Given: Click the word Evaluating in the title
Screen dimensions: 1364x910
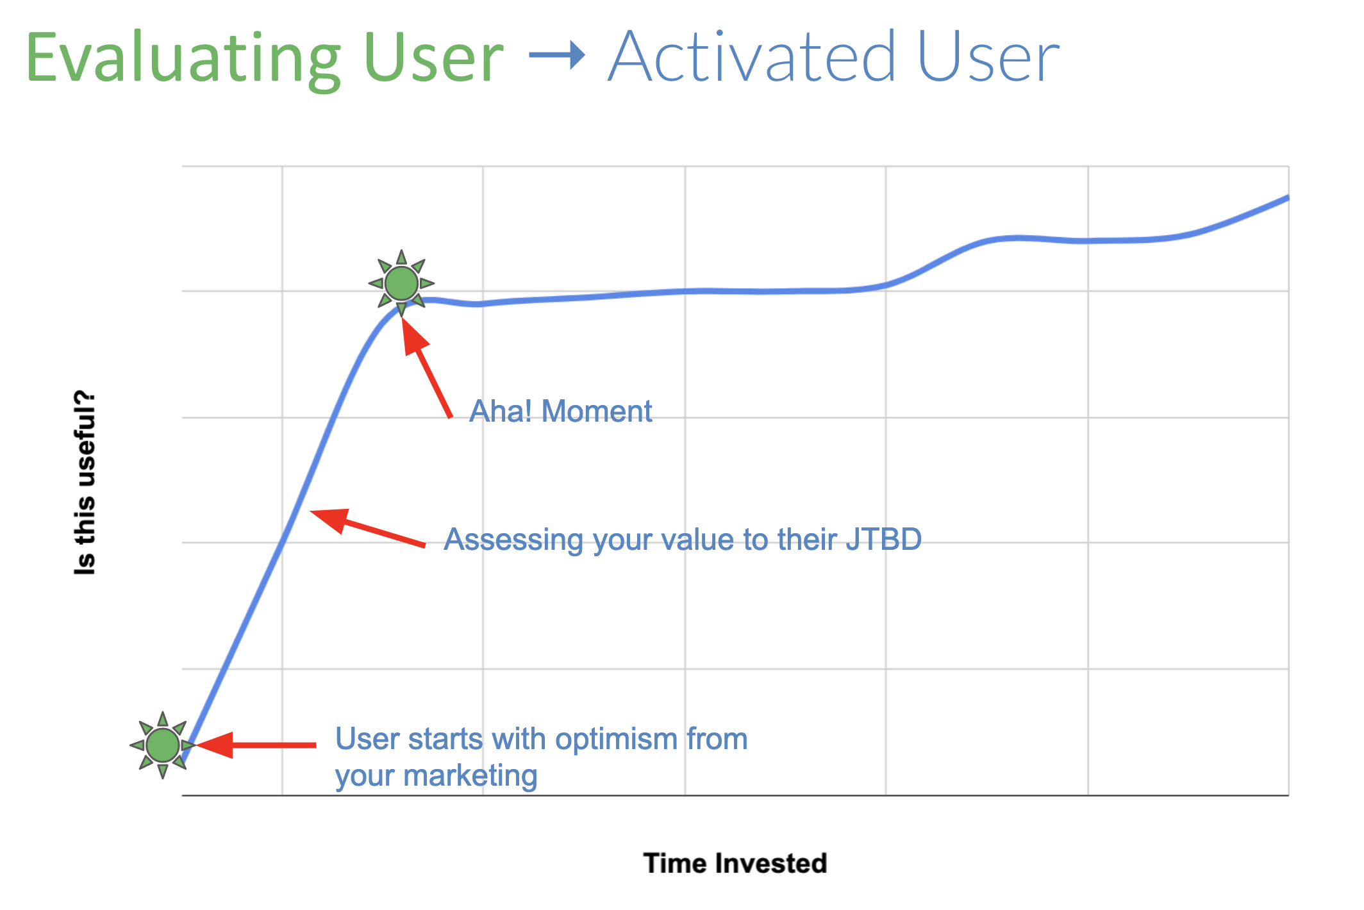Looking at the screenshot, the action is [183, 59].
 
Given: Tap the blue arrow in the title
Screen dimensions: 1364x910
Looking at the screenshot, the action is [557, 55].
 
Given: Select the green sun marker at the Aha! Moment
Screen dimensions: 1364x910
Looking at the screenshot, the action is [401, 283].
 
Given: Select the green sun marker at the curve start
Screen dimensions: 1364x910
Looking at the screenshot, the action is [163, 745].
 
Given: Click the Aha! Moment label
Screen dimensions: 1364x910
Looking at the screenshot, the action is [561, 411].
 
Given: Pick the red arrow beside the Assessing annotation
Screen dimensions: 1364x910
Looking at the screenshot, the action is [367, 527].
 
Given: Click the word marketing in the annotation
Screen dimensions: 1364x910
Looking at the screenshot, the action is [470, 777].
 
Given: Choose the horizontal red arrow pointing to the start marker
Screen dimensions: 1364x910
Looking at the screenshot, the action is [256, 745].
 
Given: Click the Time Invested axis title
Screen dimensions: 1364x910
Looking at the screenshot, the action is [735, 863].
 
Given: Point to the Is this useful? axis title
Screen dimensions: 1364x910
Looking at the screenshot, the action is [85, 482].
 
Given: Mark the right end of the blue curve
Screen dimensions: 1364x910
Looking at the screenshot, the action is [1288, 197].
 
